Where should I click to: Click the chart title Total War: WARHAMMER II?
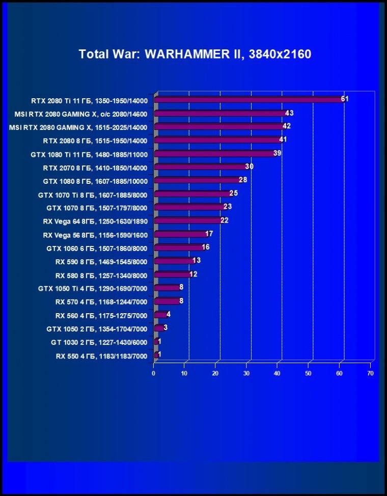195,54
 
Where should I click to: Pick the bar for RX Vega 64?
188,221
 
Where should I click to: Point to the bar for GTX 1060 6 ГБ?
179,247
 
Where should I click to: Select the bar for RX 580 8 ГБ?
172,274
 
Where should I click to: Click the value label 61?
345,99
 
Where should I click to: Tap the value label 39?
277,153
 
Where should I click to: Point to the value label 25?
234,193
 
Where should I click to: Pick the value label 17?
209,234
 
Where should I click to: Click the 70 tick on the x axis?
370,373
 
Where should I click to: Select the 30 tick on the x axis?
246,373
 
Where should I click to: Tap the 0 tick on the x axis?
153,373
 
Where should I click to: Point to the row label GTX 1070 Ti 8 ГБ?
92,195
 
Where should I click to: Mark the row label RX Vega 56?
95,235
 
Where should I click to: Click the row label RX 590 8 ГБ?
101,262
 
